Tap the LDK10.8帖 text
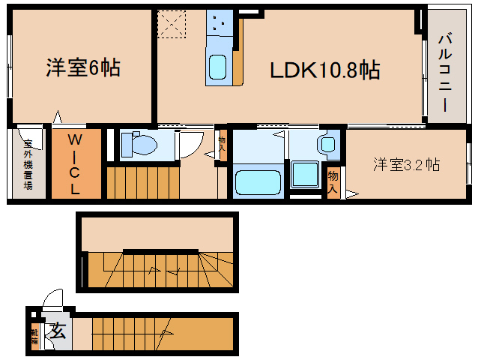[x=325, y=71]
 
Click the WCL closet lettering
[x=76, y=164]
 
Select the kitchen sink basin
[x=219, y=67]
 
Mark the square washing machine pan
[x=305, y=175]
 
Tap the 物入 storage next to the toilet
[x=222, y=142]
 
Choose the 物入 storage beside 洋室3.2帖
[x=333, y=182]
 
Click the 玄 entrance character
[x=57, y=331]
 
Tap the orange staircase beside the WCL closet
[x=142, y=181]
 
